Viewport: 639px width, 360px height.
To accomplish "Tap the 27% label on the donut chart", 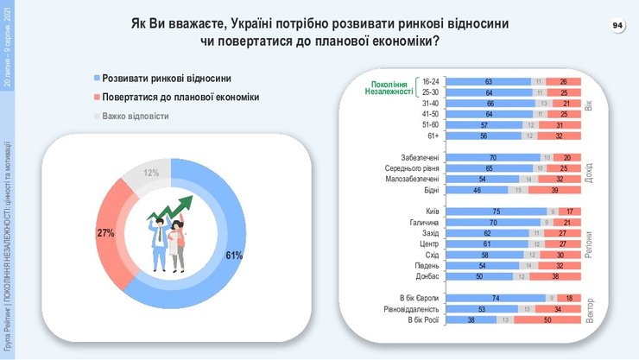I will pyautogui.click(x=105, y=233).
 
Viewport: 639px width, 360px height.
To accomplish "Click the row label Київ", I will pyautogui.click(x=433, y=212).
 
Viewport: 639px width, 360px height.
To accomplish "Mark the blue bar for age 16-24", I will pyautogui.click(x=490, y=81).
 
